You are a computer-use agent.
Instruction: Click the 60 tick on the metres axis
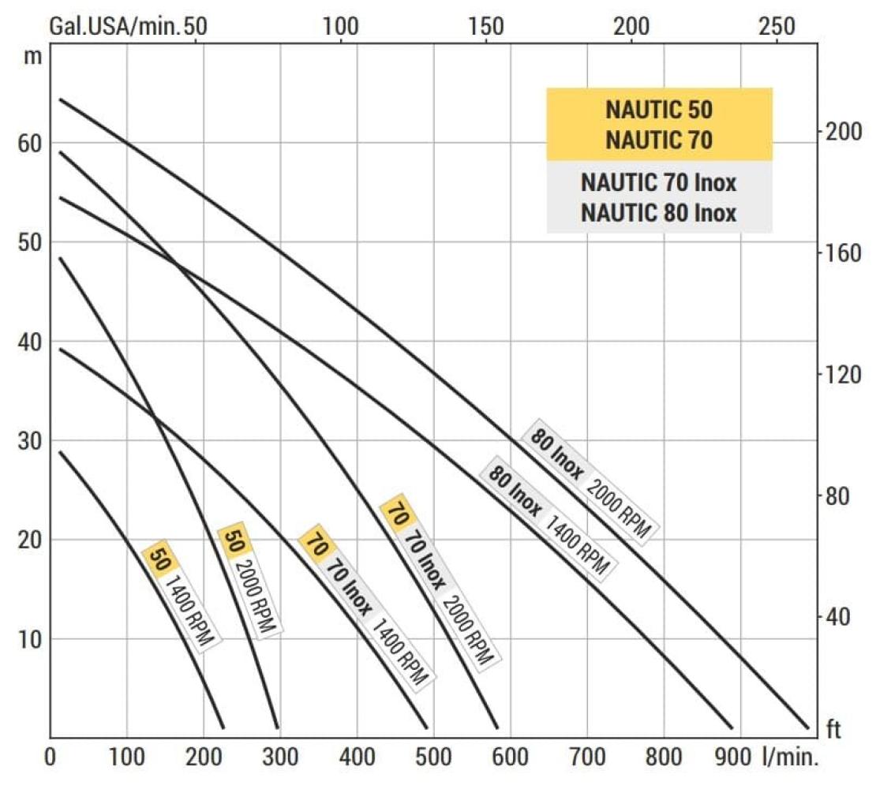tap(28, 144)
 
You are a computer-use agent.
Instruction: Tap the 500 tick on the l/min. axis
tap(432, 759)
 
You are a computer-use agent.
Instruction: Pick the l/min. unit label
tap(791, 759)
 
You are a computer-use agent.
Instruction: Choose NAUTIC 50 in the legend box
tap(659, 110)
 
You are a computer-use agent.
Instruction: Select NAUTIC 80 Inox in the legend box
tap(659, 213)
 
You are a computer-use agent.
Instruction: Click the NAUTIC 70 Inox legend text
tap(659, 183)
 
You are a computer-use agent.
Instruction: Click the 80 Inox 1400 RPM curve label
tap(547, 516)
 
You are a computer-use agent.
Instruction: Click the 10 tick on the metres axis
tap(28, 639)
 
